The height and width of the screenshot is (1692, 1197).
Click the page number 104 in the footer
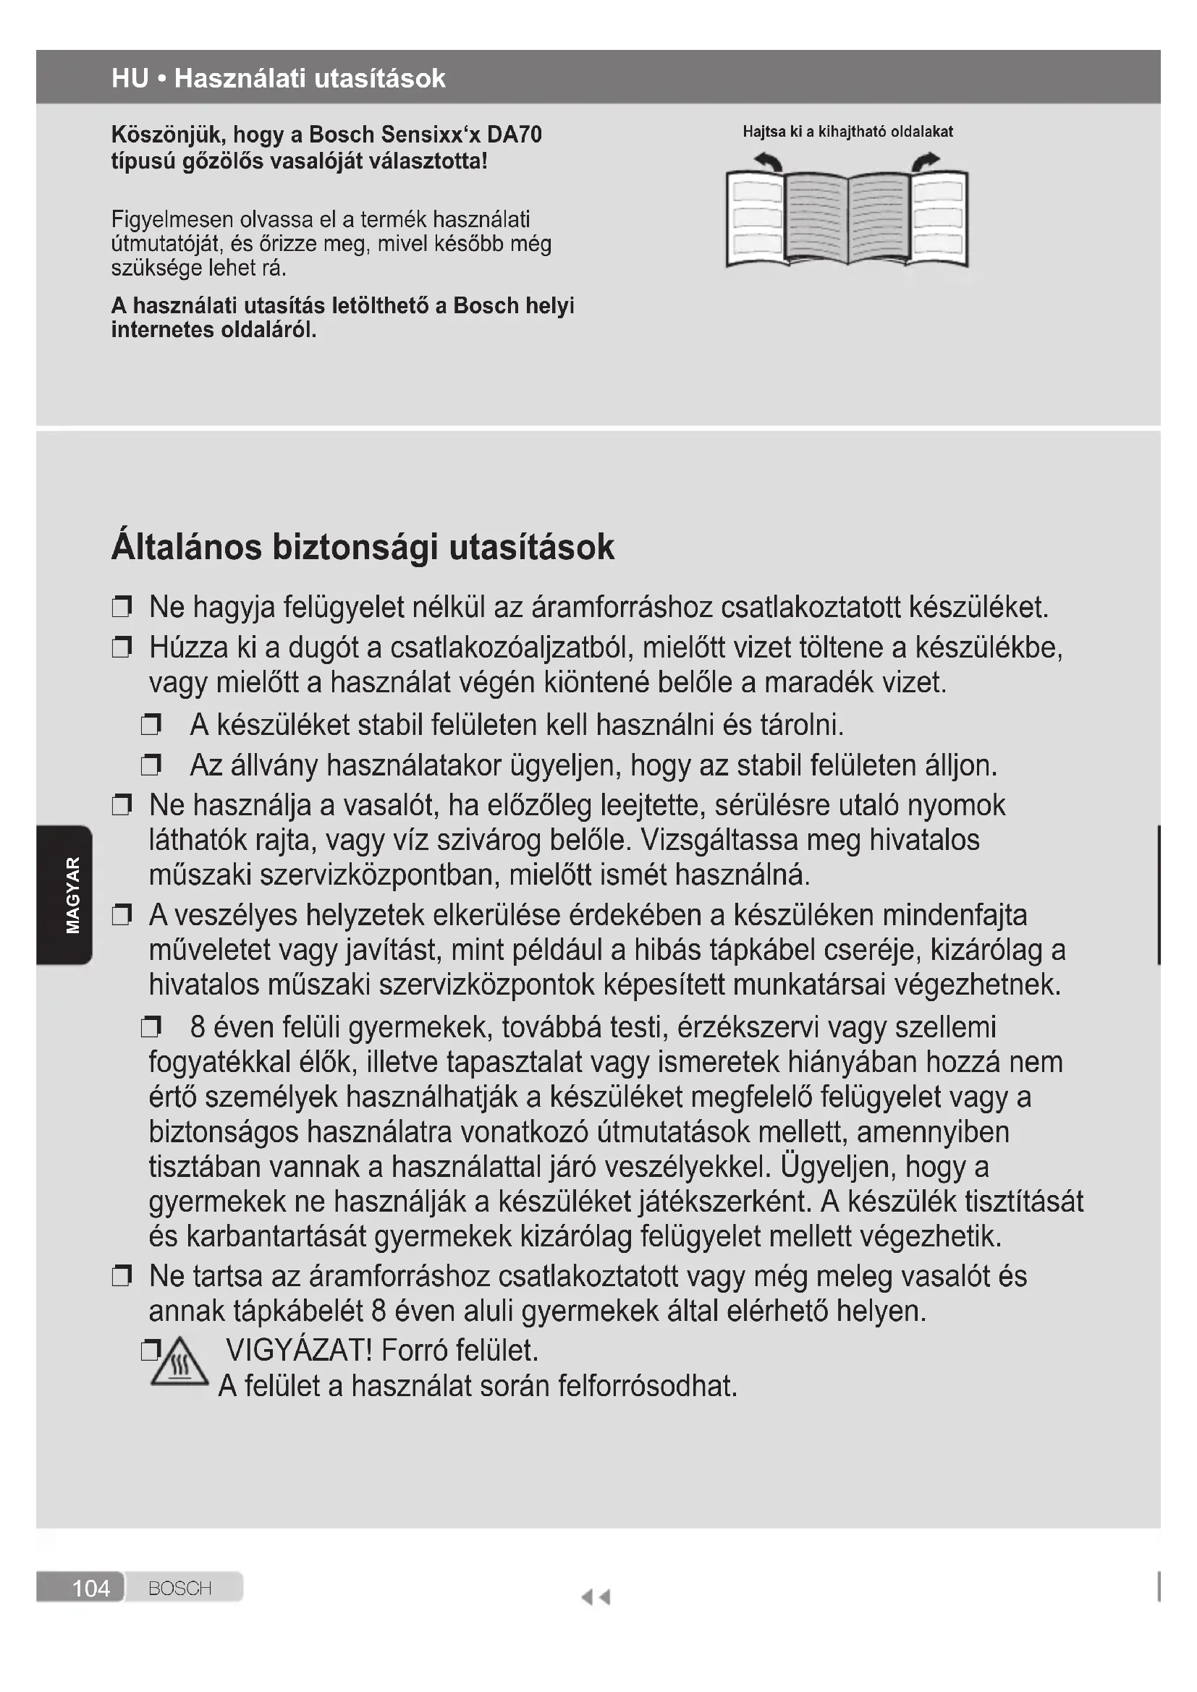click(90, 1587)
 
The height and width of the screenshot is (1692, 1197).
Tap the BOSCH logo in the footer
click(180, 1587)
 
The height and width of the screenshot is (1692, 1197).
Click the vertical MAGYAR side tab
click(72, 894)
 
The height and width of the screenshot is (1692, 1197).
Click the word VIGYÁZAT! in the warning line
click(300, 1349)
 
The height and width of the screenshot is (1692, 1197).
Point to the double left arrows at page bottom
click(596, 1597)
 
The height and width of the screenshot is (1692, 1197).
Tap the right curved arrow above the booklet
click(926, 161)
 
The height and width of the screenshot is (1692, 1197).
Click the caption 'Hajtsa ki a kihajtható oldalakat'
click(847, 132)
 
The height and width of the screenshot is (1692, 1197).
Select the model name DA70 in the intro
click(515, 135)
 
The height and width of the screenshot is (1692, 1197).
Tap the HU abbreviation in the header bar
click(130, 78)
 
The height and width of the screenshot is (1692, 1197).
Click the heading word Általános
click(187, 547)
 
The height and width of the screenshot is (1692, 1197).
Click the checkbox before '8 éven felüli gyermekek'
click(151, 1026)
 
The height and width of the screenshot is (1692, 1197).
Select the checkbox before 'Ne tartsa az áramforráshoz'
click(122, 1275)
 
